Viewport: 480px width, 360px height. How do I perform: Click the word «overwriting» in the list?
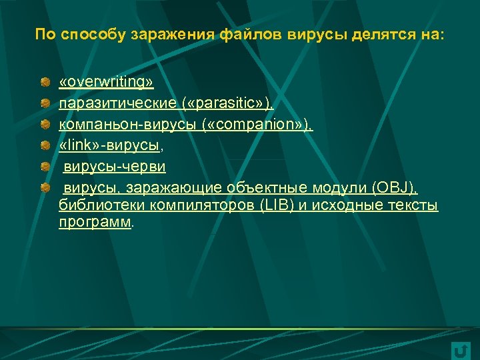pyautogui.click(x=106, y=82)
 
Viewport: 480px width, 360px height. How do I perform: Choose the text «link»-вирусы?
pyautogui.click(x=110, y=145)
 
